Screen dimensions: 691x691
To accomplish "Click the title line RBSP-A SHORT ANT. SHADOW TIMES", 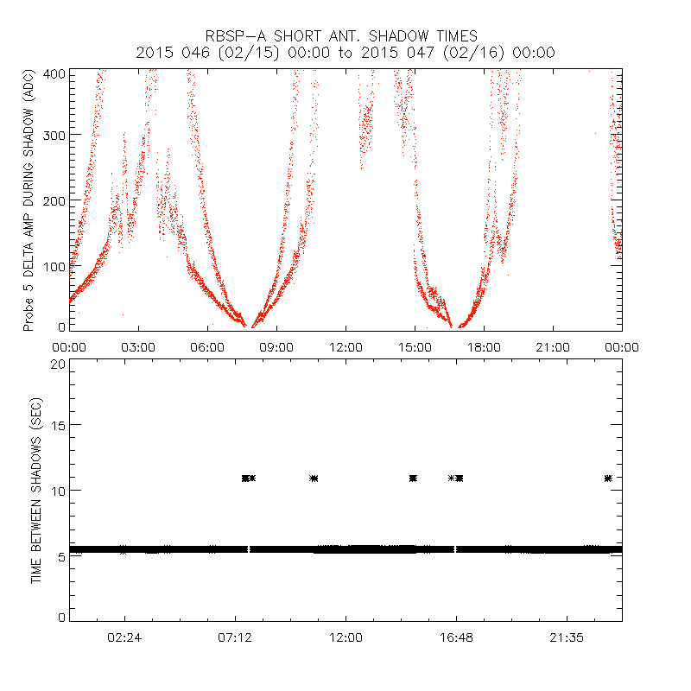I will coord(345,35).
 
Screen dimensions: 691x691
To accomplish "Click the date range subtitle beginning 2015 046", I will coord(345,53).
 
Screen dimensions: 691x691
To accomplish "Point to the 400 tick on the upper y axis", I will coord(53,74).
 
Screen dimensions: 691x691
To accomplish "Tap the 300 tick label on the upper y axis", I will coord(53,135).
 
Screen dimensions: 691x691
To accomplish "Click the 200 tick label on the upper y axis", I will coord(53,200).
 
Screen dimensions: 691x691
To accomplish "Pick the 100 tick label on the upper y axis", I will coord(53,265).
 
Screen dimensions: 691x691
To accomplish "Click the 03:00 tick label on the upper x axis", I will coord(138,346).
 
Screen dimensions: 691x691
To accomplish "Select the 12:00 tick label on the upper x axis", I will coord(345,346).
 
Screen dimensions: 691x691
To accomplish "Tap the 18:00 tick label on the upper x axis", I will coord(484,346).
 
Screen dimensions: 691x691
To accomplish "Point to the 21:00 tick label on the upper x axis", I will coord(553,346).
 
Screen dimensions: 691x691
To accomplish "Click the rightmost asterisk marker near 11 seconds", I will coord(609,478).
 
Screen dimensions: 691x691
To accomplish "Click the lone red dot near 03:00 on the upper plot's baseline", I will coord(123,315).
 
